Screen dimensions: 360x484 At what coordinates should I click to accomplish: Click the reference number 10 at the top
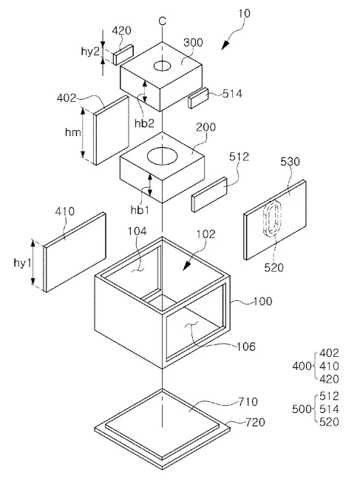[244, 13]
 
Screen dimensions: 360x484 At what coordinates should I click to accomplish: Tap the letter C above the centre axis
[163, 21]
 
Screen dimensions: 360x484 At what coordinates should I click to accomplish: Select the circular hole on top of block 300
[163, 66]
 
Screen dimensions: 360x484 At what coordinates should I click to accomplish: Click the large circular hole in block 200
[162, 156]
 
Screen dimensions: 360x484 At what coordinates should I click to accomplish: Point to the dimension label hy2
[90, 51]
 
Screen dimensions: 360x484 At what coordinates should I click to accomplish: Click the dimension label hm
[73, 132]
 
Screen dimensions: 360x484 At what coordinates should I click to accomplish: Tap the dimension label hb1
[140, 210]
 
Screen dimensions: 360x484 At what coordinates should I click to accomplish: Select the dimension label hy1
[22, 262]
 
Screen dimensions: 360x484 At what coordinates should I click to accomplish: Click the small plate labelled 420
[123, 55]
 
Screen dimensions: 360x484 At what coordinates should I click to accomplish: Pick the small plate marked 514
[198, 98]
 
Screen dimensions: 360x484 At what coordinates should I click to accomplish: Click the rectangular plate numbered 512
[209, 194]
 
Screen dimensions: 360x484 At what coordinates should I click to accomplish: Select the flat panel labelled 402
[111, 130]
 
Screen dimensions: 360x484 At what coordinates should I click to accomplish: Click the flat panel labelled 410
[75, 252]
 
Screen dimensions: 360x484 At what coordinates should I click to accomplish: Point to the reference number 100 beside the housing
[262, 301]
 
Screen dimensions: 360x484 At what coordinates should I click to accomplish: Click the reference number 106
[246, 347]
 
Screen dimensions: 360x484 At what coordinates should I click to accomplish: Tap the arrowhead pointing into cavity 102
[186, 266]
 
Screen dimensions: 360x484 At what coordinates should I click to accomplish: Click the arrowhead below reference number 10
[225, 45]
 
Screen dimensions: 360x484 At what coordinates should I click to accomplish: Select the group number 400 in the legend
[302, 366]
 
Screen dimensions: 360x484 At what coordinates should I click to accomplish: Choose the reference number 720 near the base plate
[255, 422]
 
